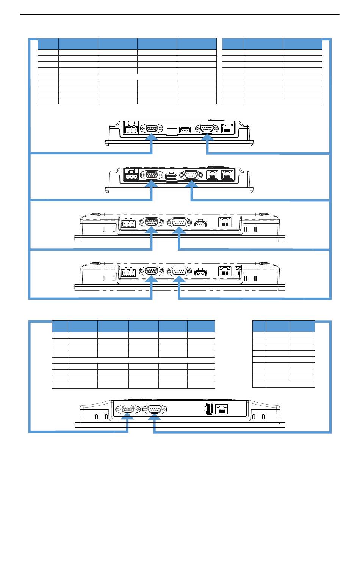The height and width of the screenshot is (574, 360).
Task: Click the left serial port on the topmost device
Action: tap(152, 128)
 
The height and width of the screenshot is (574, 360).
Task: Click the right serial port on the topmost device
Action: tap(207, 128)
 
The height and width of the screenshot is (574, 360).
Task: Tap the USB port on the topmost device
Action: tap(185, 130)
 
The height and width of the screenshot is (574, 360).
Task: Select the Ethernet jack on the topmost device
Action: tap(227, 128)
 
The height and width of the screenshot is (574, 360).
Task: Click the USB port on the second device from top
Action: tap(172, 177)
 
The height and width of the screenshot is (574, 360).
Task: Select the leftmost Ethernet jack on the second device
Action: tap(212, 175)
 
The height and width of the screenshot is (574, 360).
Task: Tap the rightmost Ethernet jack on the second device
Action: tap(227, 175)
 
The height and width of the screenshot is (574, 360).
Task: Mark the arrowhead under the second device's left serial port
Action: tap(152, 184)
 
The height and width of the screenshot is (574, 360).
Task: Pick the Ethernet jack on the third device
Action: tap(225, 222)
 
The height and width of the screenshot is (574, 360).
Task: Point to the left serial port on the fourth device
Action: tap(152, 271)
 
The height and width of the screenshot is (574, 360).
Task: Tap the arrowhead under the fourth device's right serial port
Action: tap(179, 280)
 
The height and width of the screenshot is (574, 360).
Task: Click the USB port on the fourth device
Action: tap(200, 273)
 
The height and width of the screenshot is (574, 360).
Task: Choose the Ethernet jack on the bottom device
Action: tap(222, 409)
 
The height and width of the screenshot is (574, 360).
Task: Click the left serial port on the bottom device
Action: tap(127, 409)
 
